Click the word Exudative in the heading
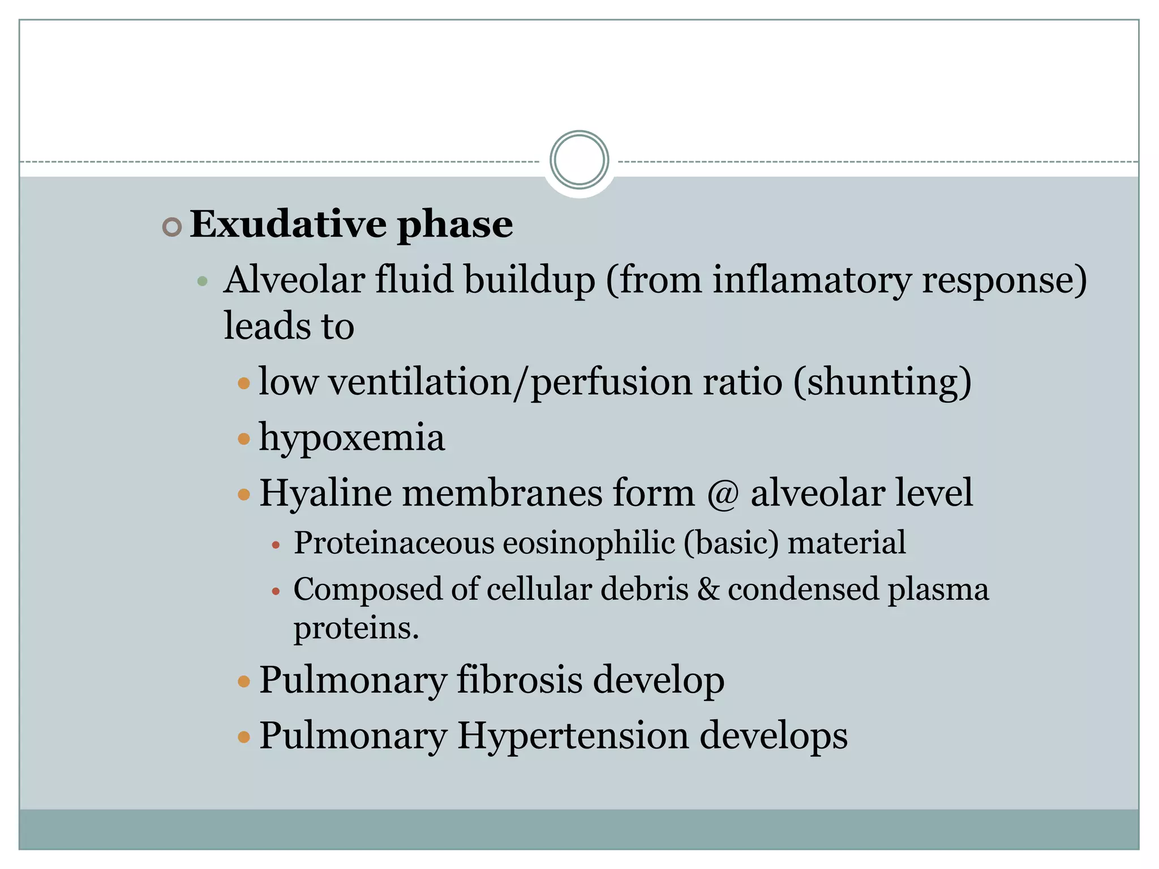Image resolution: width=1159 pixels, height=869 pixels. [x=287, y=224]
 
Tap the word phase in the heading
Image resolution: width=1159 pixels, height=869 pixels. [x=454, y=225]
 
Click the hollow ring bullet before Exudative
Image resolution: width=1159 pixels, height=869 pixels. [x=171, y=227]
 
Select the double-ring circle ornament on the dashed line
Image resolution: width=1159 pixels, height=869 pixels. [x=579, y=160]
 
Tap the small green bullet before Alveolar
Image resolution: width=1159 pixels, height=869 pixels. [x=202, y=281]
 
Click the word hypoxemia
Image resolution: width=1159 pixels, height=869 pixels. [x=351, y=438]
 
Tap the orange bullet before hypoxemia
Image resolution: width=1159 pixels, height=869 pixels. [x=244, y=439]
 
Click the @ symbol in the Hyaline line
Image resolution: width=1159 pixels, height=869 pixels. [x=723, y=493]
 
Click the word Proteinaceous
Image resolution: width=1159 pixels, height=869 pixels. [x=394, y=543]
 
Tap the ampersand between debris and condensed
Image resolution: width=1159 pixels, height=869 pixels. [x=708, y=590]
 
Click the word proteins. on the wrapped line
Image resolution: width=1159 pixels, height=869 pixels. [x=356, y=628]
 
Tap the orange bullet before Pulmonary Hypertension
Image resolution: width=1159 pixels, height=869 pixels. [x=244, y=737]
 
